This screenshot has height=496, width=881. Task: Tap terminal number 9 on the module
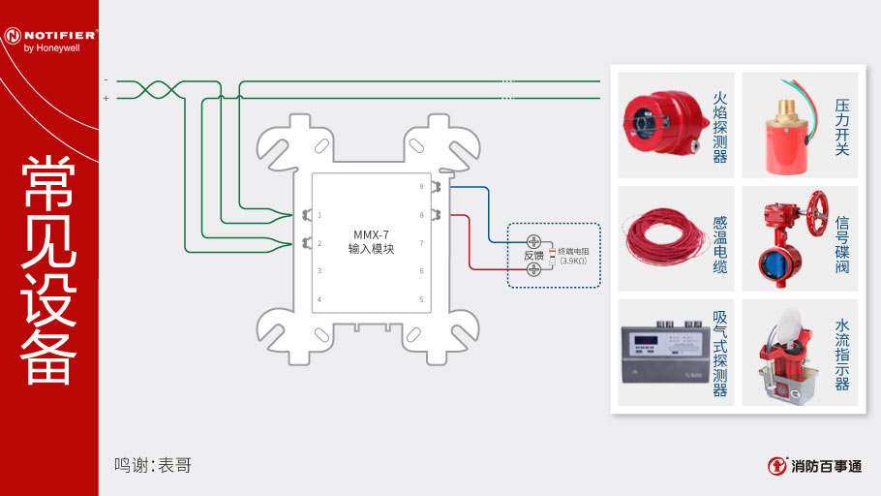421,186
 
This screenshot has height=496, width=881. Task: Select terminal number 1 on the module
319,215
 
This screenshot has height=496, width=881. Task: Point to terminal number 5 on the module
421,299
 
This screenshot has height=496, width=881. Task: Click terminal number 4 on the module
319,299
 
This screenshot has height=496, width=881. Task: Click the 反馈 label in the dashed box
533,256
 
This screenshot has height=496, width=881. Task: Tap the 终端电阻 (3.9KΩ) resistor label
573,256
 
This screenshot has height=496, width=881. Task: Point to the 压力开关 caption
841,126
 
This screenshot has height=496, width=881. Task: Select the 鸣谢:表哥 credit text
152,466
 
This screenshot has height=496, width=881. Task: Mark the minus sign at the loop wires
106,79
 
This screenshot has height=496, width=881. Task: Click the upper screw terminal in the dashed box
533,240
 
